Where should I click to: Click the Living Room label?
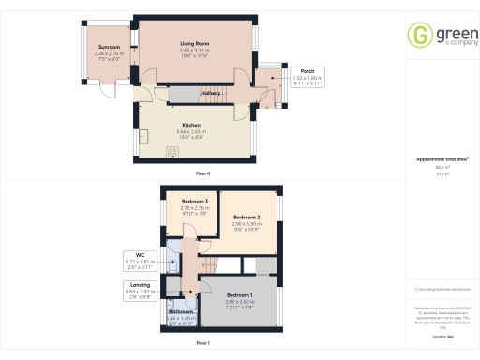click(194, 43)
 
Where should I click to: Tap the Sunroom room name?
click(111, 47)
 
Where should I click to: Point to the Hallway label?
click(210, 93)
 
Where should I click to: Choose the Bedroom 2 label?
click(247, 217)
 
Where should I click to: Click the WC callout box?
click(138, 258)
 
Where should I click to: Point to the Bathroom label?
click(182, 311)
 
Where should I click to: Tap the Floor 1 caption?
click(202, 344)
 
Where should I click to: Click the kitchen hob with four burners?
click(172, 151)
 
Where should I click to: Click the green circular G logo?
click(418, 36)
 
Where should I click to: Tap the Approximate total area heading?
click(434, 159)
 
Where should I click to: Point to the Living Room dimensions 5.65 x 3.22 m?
click(194, 52)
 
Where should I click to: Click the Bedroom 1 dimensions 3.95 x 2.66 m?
click(239, 301)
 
